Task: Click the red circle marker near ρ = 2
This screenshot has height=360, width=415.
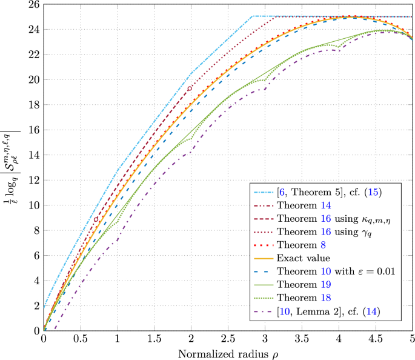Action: point(190,88)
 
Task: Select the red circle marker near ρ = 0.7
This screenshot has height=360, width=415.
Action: point(96,219)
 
